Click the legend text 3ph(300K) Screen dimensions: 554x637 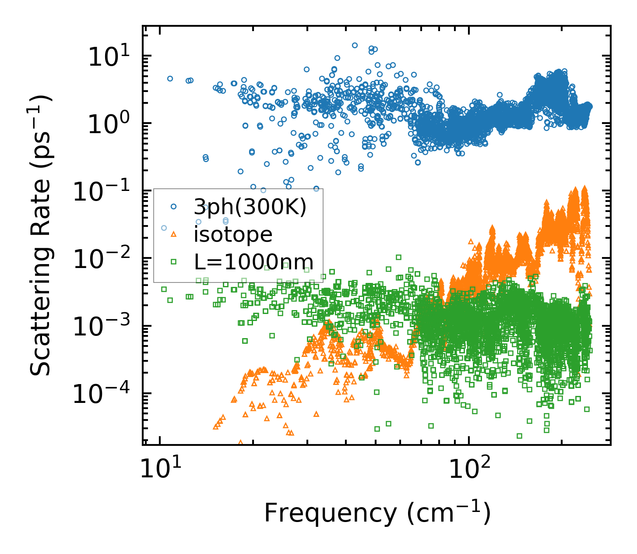(250, 207)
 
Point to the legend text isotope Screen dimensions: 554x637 (233, 234)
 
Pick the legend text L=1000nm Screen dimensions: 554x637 (253, 261)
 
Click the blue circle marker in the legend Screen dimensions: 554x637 (173, 206)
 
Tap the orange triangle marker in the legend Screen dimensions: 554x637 (173, 234)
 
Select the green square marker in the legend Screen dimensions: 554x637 (173, 261)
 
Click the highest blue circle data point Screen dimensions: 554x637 (355, 45)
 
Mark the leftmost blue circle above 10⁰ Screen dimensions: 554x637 (170, 78)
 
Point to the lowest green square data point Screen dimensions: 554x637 (519, 436)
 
